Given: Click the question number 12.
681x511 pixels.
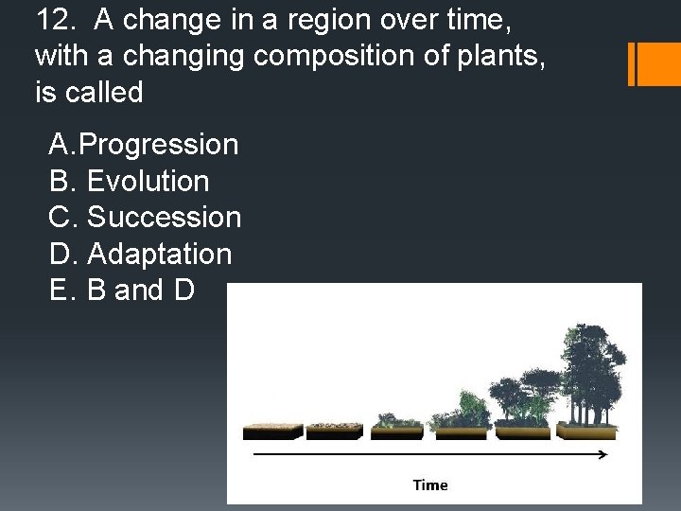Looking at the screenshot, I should [51, 19].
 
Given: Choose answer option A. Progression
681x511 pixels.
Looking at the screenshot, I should [143, 145].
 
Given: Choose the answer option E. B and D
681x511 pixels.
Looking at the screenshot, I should [121, 291].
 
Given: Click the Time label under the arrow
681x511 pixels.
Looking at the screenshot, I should [430, 485].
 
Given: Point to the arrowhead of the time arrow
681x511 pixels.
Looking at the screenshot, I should [602, 455].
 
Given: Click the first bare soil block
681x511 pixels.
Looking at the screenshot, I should [272, 431].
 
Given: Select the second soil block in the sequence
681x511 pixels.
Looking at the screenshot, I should [336, 431].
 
